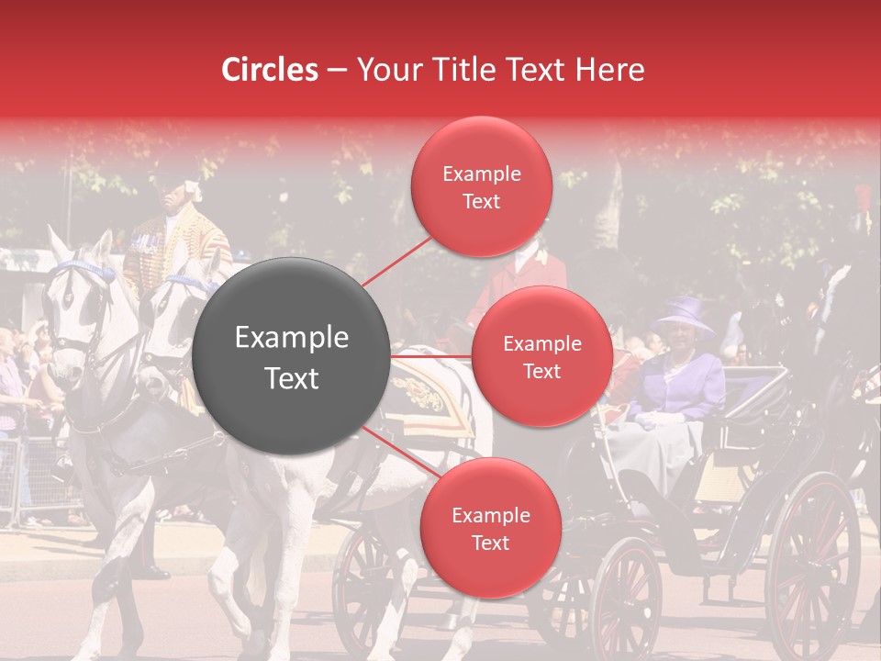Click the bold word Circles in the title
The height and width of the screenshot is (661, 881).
[x=270, y=70]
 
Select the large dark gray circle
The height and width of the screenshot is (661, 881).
[x=291, y=357]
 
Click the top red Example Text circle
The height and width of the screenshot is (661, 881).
[x=481, y=187]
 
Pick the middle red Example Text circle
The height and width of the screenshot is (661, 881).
[x=541, y=356]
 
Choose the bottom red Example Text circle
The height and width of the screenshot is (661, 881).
[x=490, y=528]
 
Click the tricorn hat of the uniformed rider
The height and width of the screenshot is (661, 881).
[x=174, y=174]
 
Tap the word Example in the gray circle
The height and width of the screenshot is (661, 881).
[x=291, y=338]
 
